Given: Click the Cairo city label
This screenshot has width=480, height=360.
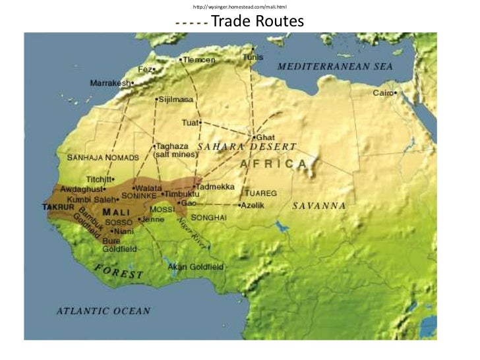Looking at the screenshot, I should tap(383, 93).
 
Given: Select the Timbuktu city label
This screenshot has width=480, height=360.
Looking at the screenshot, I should tap(181, 195).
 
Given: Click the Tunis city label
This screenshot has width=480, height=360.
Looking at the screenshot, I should tap(253, 57).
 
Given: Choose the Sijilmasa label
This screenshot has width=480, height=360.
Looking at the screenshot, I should tap(175, 100).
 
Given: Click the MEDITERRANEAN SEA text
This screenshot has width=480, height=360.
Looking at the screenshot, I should tap(335, 67).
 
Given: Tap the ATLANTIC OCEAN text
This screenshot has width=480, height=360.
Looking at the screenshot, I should tap(103, 311).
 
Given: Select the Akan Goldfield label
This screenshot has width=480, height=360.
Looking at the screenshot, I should tap(196, 267).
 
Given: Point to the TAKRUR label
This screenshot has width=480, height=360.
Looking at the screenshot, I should tap(57, 207).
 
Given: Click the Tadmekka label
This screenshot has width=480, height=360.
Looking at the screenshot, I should tap(216, 187).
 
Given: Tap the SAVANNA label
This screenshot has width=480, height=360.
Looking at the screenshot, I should tap(320, 206).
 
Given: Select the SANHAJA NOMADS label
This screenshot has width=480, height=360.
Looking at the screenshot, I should tap(103, 158).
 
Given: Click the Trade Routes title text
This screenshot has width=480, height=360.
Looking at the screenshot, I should tap(258, 22).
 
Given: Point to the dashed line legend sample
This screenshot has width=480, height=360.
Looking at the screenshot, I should tap(192, 23).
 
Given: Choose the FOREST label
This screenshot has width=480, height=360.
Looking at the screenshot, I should tap(119, 270).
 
